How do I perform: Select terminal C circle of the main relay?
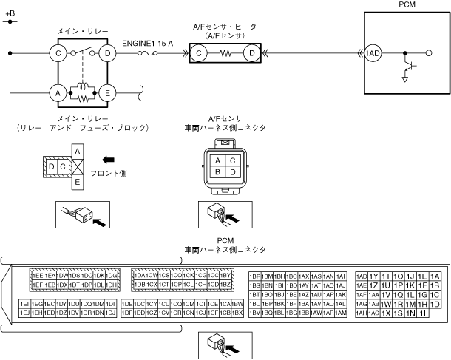(56, 52)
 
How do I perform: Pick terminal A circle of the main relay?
(56, 93)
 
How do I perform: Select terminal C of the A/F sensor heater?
(199, 52)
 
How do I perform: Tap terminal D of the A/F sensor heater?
(251, 52)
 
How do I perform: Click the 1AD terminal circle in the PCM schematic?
(374, 52)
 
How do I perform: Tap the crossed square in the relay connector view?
(77, 166)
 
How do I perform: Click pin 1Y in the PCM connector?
(373, 276)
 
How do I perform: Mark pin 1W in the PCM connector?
(386, 304)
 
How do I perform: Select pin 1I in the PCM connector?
(422, 313)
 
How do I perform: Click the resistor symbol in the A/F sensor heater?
(225, 52)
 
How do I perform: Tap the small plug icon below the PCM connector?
(225, 342)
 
